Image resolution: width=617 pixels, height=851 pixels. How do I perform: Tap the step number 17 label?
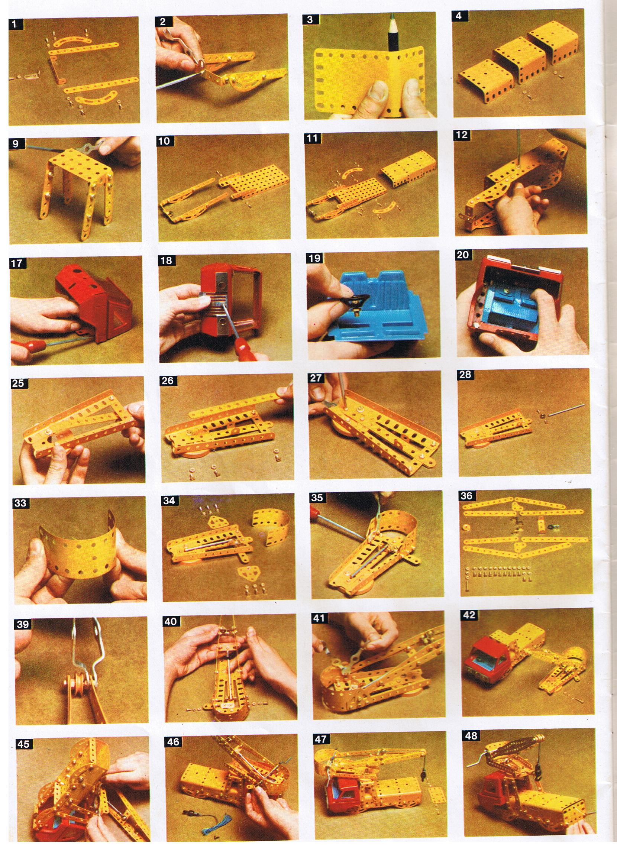tap(17, 263)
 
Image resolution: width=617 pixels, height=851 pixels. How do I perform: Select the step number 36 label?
tap(466, 496)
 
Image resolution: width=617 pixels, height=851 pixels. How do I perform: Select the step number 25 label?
tap(17, 383)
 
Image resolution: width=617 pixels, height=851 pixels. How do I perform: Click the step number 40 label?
tap(171, 621)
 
